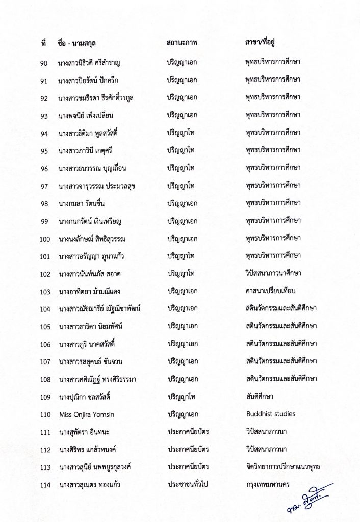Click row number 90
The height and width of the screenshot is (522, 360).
(x=44, y=63)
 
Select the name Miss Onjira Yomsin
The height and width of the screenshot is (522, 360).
(x=86, y=414)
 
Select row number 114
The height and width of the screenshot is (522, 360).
(x=46, y=485)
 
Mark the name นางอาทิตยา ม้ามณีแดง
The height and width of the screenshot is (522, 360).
(x=95, y=292)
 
